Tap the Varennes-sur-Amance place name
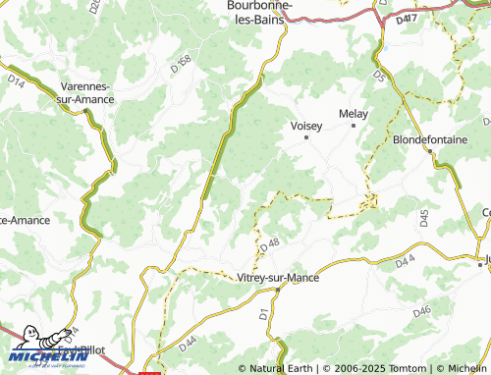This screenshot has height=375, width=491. (x=86, y=92)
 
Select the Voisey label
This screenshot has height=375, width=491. (x=307, y=125)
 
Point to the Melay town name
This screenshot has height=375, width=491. (x=354, y=114)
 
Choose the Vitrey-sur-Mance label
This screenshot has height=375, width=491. (x=278, y=278)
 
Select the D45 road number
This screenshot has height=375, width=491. (x=424, y=219)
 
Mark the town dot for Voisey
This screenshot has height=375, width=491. (x=306, y=137)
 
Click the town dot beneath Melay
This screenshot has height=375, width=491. (x=354, y=127)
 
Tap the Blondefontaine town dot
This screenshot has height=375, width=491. (x=428, y=152)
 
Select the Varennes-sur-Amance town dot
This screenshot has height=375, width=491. (x=87, y=111)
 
